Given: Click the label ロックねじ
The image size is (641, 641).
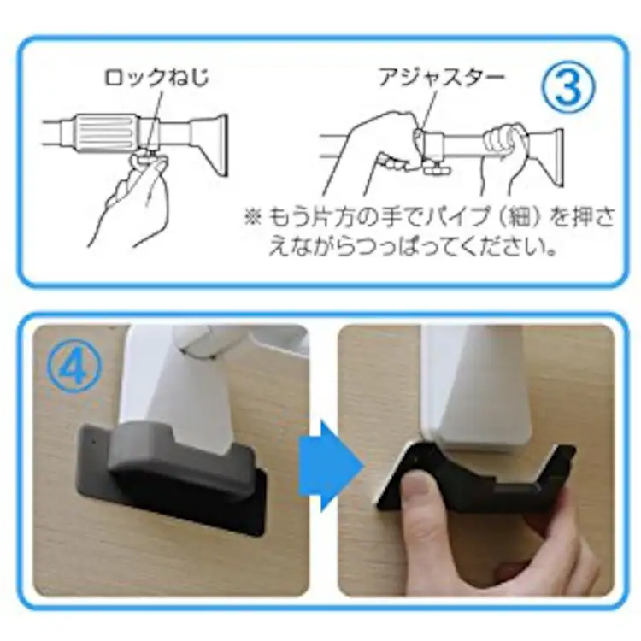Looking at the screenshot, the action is (156, 77).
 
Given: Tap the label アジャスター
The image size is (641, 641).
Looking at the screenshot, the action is (442, 77).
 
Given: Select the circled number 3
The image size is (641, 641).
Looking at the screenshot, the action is (568, 86).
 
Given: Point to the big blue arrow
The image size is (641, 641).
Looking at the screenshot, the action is (330, 466).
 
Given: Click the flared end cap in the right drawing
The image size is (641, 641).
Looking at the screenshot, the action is (547, 156).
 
